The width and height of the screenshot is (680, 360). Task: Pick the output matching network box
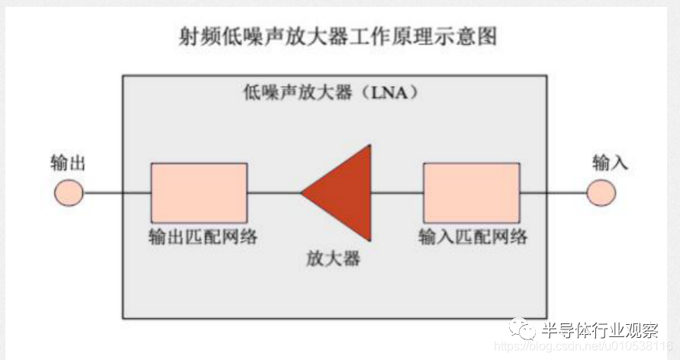point(198,191)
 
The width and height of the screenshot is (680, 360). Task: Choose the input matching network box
point(470,191)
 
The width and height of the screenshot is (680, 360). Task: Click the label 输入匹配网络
point(473,236)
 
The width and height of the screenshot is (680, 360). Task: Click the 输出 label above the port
point(68,162)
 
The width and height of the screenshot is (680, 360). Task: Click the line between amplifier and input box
point(397,191)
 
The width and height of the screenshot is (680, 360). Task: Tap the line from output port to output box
point(114,191)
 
